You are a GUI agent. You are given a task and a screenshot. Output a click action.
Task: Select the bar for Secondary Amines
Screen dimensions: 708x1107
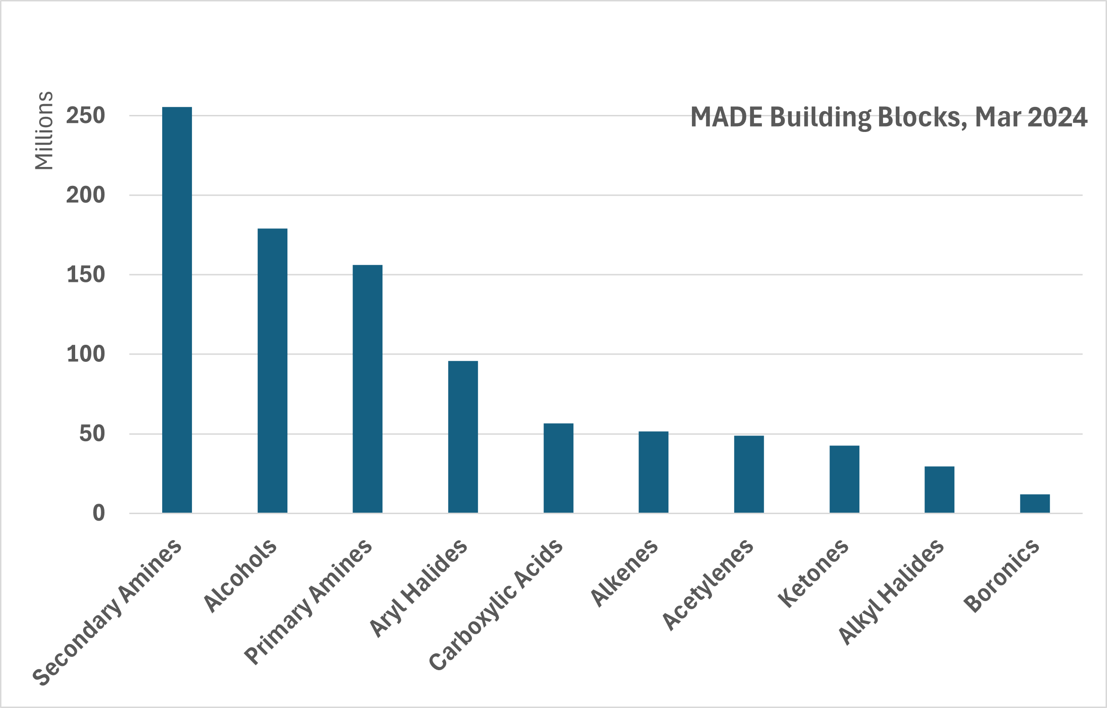tap(177, 310)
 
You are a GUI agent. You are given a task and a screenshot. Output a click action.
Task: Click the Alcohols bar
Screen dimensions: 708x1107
tap(272, 370)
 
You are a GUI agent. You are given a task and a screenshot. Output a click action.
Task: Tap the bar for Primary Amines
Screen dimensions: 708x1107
tap(367, 389)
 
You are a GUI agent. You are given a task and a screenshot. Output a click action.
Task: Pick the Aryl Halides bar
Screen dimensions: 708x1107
tap(463, 437)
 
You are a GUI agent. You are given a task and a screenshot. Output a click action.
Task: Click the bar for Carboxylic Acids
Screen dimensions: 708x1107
tap(558, 468)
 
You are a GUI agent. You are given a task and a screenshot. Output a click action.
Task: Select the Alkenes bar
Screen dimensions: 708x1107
tap(653, 472)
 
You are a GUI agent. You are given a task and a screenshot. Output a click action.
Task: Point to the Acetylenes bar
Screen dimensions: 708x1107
tap(749, 474)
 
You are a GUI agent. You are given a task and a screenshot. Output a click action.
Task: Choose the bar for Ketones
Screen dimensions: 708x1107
tap(844, 479)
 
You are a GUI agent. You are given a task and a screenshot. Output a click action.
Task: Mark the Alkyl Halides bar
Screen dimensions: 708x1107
tap(939, 489)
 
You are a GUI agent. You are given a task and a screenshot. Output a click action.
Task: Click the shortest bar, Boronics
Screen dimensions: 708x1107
tap(1035, 503)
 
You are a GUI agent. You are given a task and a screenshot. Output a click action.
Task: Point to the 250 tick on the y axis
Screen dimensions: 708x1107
tap(86, 116)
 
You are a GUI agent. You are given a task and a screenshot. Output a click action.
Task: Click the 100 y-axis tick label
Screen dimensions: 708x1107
tap(86, 354)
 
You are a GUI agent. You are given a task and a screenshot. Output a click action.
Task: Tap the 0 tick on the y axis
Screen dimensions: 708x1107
tap(98, 513)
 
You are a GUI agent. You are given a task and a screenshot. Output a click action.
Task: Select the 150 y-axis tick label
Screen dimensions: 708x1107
tap(86, 275)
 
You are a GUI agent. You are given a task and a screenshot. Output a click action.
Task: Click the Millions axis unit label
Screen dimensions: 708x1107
tap(44, 131)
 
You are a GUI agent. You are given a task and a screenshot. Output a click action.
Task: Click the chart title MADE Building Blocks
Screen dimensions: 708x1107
tap(827, 117)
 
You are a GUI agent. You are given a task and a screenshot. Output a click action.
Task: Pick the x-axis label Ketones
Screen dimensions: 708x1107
tap(813, 573)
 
